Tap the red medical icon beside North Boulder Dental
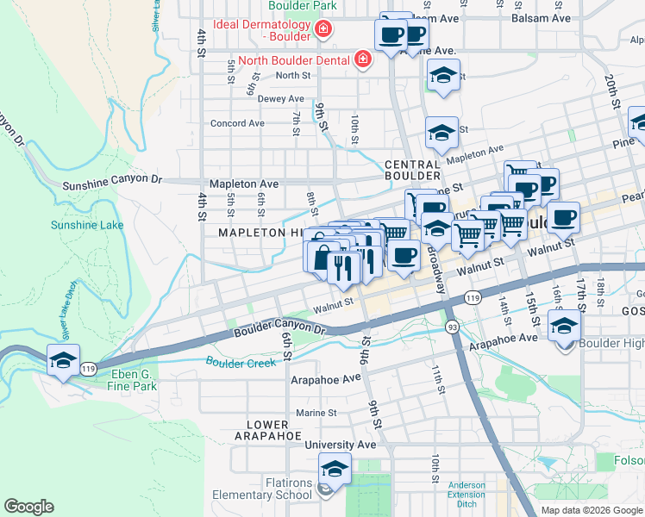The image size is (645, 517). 362,59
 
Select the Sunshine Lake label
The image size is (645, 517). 86,226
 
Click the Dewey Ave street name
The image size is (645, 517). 281,99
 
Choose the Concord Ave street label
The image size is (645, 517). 237,123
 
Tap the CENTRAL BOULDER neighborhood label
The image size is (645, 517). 413,171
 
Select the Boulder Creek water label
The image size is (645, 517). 241,363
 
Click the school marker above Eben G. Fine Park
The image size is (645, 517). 63,361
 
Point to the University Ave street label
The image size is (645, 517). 341,445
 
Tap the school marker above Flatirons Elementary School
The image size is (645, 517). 335,470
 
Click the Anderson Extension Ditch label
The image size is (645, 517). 467,494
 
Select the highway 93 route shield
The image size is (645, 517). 451,327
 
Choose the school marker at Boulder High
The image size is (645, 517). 564,326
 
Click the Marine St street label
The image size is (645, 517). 316,413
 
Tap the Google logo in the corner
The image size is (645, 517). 29,507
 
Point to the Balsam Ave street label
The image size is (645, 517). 541,17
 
